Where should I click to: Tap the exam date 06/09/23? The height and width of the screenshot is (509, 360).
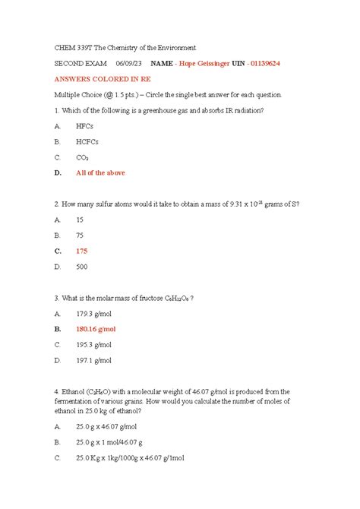tap(127, 63)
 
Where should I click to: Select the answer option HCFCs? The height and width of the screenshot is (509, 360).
tap(87, 141)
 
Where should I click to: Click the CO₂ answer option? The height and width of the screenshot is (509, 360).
tap(83, 157)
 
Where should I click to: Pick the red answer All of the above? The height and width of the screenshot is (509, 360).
tap(100, 172)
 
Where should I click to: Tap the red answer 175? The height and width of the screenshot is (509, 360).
tap(82, 251)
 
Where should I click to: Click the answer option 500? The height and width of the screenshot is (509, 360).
tap(81, 267)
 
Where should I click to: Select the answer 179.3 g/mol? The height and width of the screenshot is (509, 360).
tap(93, 313)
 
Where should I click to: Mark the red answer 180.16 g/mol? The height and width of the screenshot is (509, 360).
tap(96, 329)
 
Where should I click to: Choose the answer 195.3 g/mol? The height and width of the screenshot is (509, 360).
tap(93, 344)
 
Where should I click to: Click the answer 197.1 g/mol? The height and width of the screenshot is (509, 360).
tap(93, 360)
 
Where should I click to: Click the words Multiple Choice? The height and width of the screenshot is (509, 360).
tap(76, 95)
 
